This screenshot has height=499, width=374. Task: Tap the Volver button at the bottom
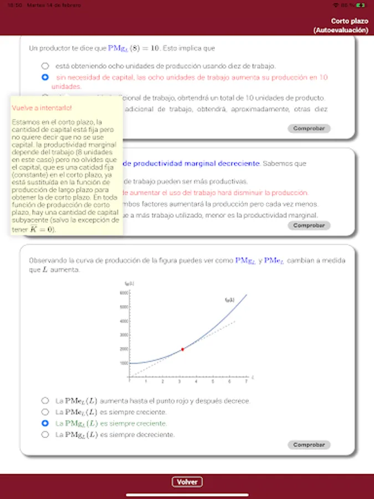pyautogui.click(x=187, y=482)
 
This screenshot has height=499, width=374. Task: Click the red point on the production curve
pyautogui.click(x=182, y=349)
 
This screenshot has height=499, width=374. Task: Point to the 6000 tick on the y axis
pyautogui.click(x=125, y=292)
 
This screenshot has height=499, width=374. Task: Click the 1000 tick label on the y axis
pyautogui.click(x=124, y=363)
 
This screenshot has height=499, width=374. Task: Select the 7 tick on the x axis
pyautogui.click(x=245, y=381)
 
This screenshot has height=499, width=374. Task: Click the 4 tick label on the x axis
pyautogui.click(x=196, y=381)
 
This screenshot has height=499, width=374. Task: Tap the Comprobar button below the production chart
pyautogui.click(x=309, y=445)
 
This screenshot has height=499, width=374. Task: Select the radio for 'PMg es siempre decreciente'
pyautogui.click(x=45, y=435)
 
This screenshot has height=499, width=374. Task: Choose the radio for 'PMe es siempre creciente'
pyautogui.click(x=45, y=412)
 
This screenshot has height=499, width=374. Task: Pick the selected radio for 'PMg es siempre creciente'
pyautogui.click(x=45, y=423)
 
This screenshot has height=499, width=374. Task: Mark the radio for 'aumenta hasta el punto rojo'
pyautogui.click(x=45, y=400)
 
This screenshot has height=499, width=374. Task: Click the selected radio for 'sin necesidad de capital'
pyautogui.click(x=45, y=77)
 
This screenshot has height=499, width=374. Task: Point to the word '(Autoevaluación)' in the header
pyautogui.click(x=340, y=30)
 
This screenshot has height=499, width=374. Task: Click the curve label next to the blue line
pyautogui.click(x=229, y=300)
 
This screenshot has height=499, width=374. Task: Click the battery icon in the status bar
pyautogui.click(x=361, y=5)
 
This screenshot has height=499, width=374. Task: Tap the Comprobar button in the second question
pyautogui.click(x=309, y=226)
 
